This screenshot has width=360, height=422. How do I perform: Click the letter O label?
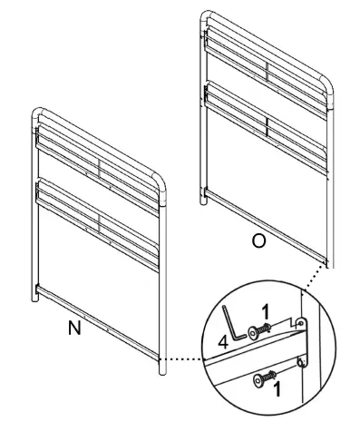258,242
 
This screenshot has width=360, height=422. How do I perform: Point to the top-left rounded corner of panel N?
38,114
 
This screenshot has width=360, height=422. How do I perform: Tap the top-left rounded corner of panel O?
207,18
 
